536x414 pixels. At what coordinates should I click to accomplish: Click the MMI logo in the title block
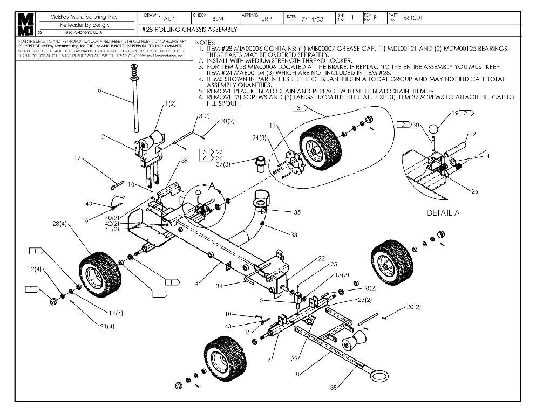25,24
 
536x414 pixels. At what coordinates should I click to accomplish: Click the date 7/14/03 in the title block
313,18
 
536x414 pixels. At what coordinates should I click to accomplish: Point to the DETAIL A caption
443,213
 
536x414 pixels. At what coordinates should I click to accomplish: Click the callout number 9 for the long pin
99,92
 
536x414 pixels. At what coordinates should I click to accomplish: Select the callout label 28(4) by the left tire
59,224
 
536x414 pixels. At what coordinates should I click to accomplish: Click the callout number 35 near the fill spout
297,212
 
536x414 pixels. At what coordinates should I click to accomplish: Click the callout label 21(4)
106,326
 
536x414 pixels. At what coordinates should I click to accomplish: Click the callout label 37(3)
223,164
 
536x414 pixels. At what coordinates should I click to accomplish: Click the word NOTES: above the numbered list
205,42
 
